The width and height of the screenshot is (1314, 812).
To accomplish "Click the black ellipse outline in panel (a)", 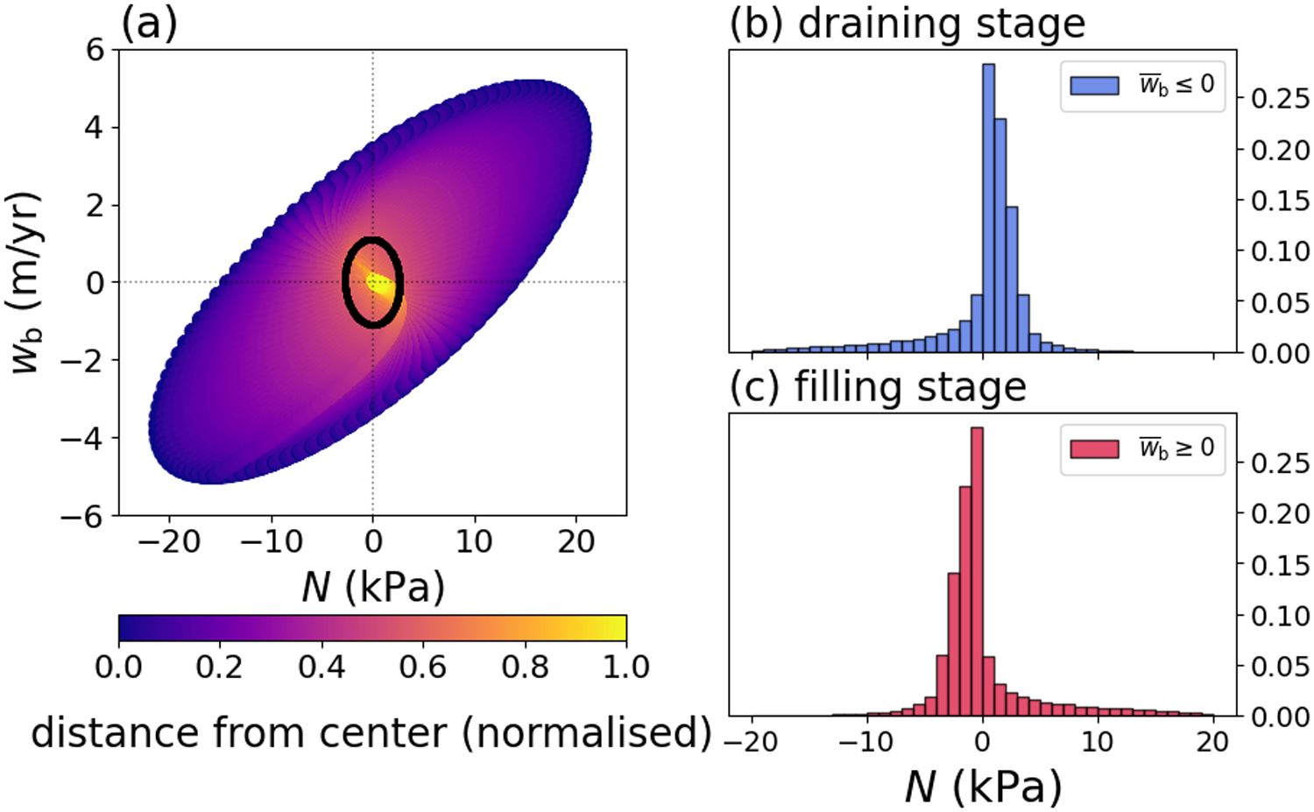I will tap(344, 282).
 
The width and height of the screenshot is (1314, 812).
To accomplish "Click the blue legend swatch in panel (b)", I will tap(1094, 85).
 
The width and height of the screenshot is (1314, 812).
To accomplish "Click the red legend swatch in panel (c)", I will tap(1094, 448).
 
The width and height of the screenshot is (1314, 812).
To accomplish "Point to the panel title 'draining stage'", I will tap(942, 24).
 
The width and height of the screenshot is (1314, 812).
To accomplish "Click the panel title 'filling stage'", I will tap(910, 387).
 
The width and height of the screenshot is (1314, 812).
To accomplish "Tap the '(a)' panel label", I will tap(149, 24).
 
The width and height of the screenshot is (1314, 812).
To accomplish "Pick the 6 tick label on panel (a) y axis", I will tap(95, 50).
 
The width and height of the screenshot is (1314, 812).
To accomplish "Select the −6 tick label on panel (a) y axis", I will tap(81, 516).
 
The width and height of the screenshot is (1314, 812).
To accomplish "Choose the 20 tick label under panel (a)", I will tap(576, 541).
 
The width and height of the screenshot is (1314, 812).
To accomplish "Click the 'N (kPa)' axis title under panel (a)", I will tap(373, 587).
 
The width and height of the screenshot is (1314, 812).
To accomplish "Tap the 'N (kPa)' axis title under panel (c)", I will tap(983, 786).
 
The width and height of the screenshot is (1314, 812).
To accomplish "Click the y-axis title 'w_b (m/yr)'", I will tap(26, 282).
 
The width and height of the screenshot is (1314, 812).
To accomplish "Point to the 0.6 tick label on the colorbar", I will tap(423, 667).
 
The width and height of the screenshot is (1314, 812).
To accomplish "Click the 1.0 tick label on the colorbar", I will tap(625, 667).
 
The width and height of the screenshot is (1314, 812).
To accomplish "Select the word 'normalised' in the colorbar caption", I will tap(587, 732).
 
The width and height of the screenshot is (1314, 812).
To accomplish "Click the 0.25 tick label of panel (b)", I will tap(1280, 98).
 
